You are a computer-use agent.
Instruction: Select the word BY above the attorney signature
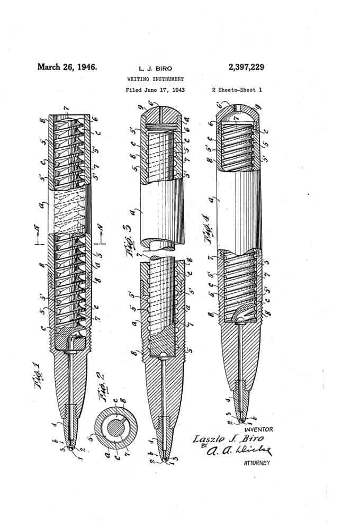pos(203,446)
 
